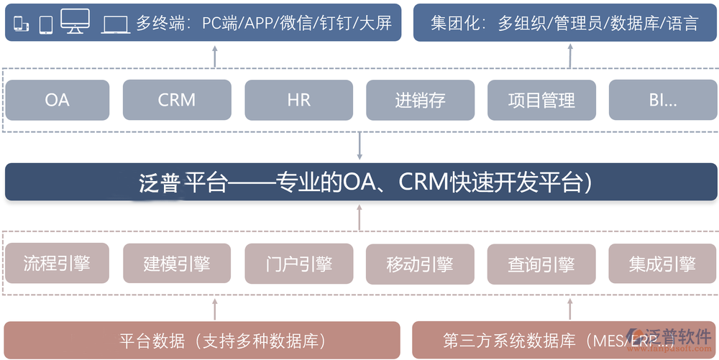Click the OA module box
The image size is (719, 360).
57,100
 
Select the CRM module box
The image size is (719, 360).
177,100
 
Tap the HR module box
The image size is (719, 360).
298,100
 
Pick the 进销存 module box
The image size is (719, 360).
420,100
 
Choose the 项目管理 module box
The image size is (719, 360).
541,100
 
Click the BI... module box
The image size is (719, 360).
663,100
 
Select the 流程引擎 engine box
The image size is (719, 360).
57,263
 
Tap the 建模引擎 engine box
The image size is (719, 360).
177,263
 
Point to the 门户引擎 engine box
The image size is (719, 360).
298,263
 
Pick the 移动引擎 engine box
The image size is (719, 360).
420,263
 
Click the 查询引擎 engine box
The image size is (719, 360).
541,263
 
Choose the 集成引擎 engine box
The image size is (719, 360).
663,263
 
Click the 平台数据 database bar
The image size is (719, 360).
202,340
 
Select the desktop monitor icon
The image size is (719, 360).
75,22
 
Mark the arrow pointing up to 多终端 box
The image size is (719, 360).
215,55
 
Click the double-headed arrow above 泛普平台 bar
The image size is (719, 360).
359,146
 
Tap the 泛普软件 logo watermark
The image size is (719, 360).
669,338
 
